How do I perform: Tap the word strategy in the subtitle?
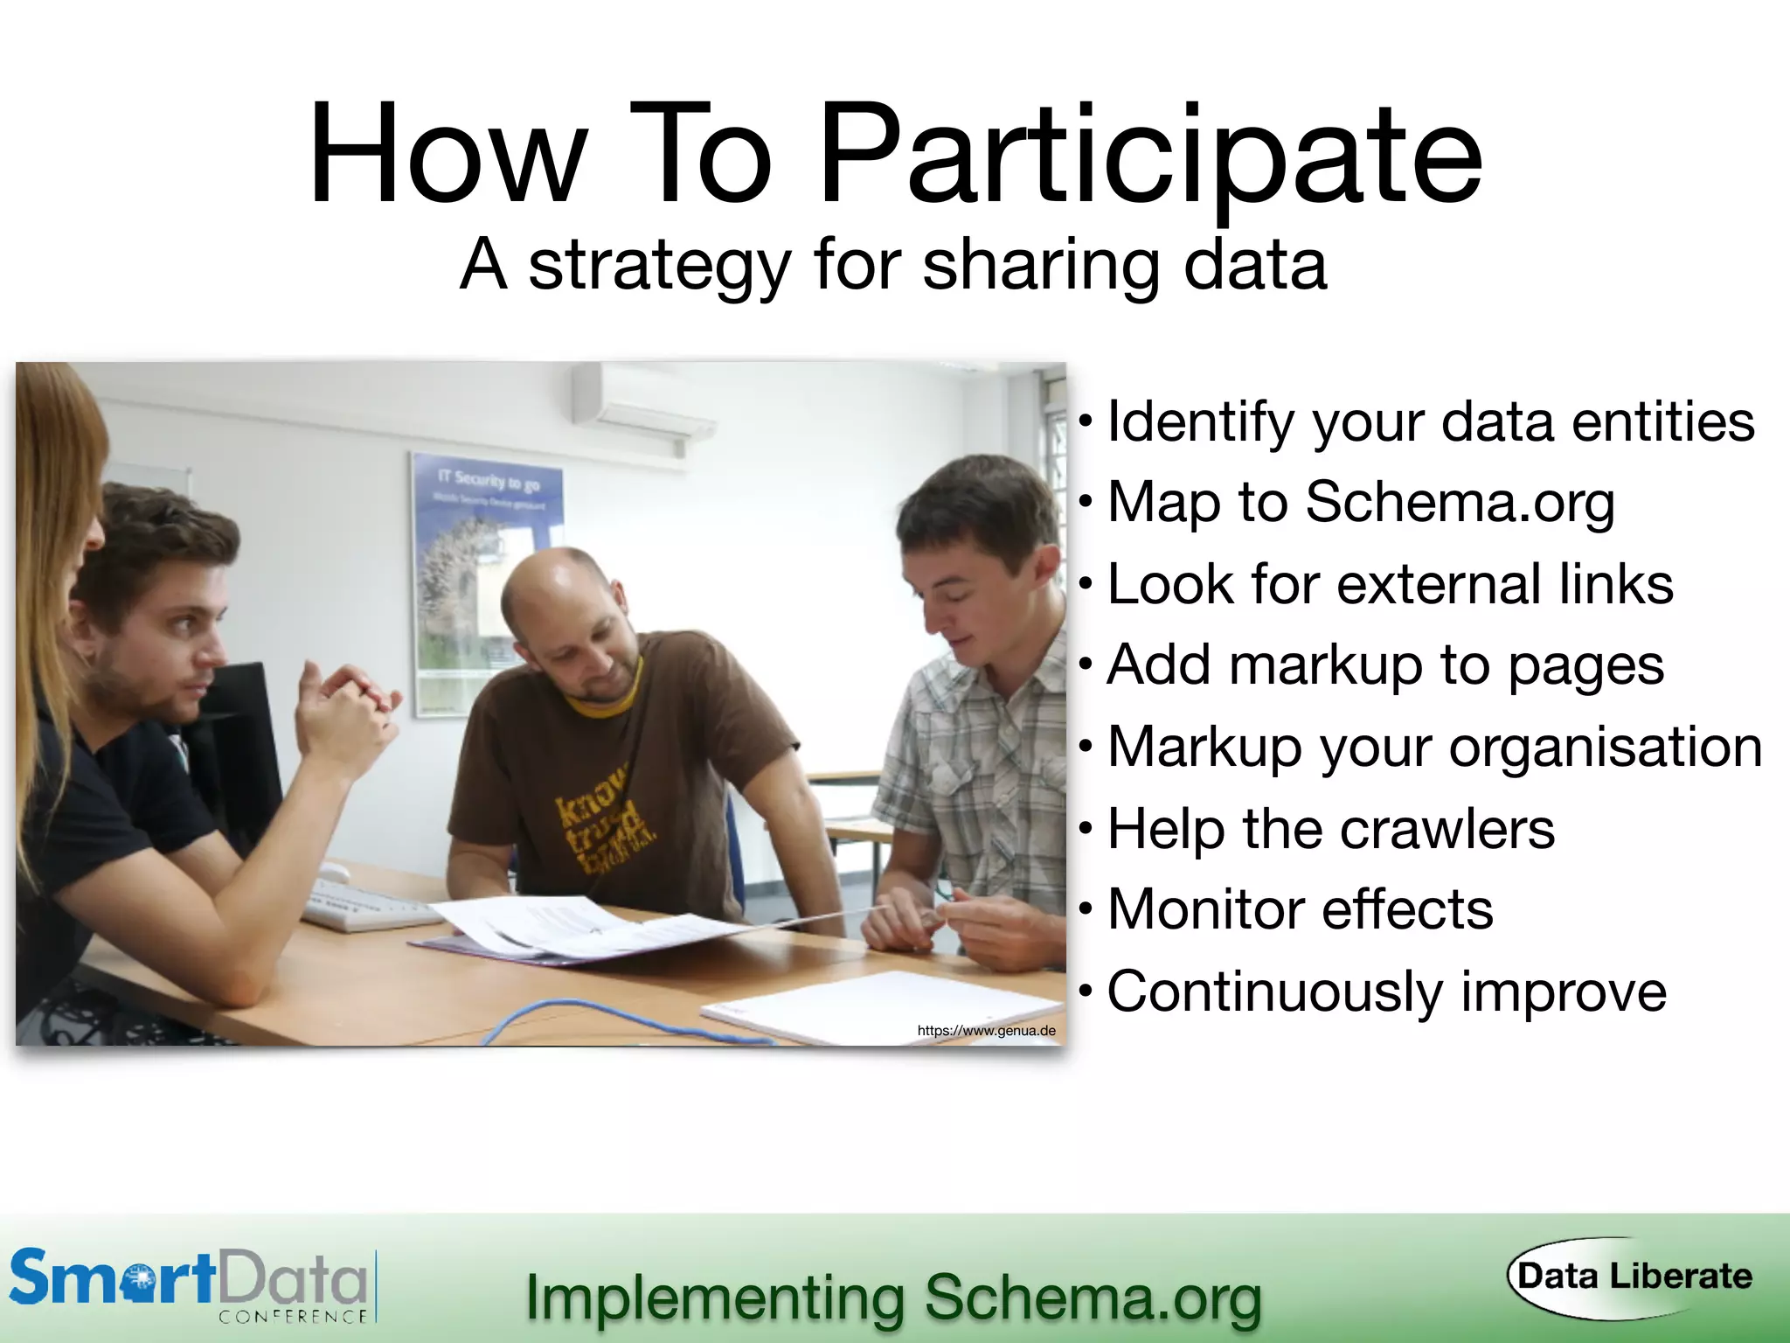660,265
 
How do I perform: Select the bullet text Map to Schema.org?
1360,503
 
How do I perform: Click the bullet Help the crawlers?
1330,828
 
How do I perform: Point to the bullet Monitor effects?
1300,909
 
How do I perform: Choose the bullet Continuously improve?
1386,992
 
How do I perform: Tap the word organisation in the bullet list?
1605,748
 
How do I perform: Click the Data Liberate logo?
1633,1277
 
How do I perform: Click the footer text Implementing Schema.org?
893,1298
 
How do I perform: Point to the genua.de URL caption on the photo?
986,1031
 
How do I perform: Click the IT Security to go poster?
488,577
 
